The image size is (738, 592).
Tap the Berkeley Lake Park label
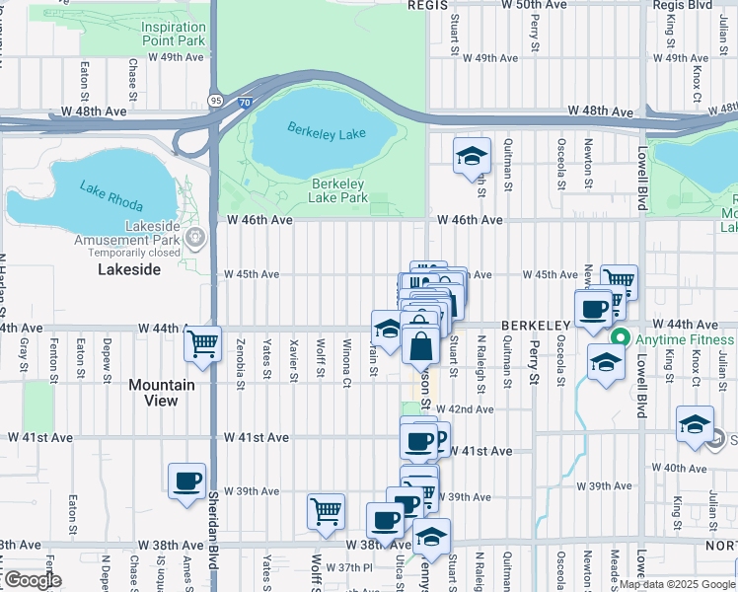coord(339,190)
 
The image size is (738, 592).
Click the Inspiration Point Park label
coord(174,35)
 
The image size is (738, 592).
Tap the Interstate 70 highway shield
coord(244,102)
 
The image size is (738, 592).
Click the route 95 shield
coord(216,100)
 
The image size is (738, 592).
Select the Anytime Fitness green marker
coord(621,338)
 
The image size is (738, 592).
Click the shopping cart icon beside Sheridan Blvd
coord(202,344)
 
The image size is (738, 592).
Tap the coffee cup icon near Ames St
coord(186,481)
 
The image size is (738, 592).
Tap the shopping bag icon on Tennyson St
coord(420,346)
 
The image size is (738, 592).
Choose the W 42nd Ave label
coord(470,409)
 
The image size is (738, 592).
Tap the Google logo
coord(32,580)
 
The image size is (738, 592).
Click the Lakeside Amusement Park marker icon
coord(195,236)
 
